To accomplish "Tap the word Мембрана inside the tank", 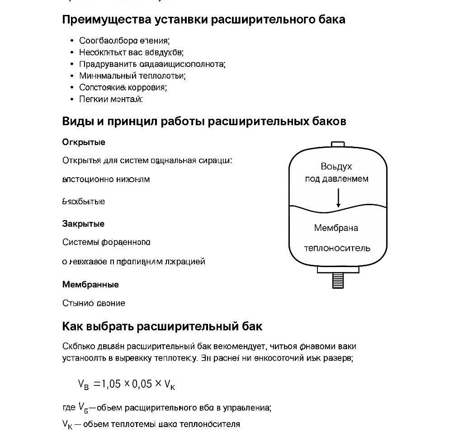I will point(336,228).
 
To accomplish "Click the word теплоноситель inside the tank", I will point(337,248).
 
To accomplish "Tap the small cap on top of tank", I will point(338,144).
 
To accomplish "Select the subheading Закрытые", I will point(83,224).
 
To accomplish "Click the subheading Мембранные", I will point(90,285).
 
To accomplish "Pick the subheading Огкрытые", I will point(84,142).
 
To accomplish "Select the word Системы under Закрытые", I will point(80,242).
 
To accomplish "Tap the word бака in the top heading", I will point(332,20).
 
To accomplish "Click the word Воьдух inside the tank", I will point(336,166).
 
